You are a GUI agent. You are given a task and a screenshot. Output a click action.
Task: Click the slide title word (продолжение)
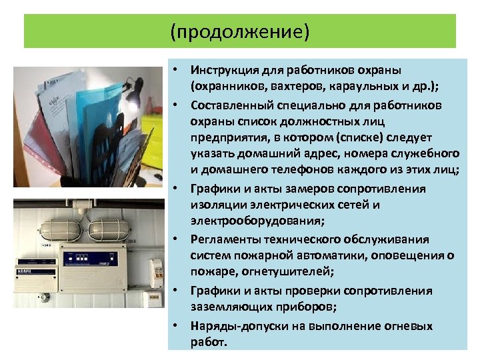239,31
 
